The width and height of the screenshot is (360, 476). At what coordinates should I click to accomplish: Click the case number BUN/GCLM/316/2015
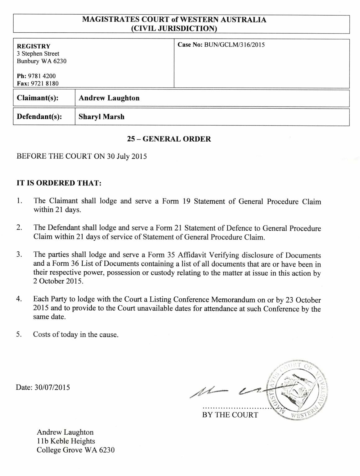pyautogui.click(x=234, y=45)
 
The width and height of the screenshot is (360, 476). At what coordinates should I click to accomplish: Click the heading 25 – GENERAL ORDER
pyautogui.click(x=169, y=139)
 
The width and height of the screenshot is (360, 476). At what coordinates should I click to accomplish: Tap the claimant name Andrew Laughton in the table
pyautogui.click(x=109, y=98)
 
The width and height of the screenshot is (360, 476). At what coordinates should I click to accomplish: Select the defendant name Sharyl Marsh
pyautogui.click(x=101, y=117)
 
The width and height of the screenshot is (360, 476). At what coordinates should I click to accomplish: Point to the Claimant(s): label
pyautogui.click(x=38, y=98)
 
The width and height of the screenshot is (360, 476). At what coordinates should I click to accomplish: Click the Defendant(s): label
pyautogui.click(x=39, y=117)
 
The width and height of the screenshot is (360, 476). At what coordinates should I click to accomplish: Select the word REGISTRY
pyautogui.click(x=34, y=47)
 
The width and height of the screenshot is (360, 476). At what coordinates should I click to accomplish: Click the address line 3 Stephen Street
pyautogui.click(x=38, y=54)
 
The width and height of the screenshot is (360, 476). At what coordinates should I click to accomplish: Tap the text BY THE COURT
pyautogui.click(x=230, y=415)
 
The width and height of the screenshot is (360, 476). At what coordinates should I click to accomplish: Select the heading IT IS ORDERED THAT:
pyautogui.click(x=59, y=183)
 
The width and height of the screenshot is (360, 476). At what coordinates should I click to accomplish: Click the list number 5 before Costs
pyautogui.click(x=19, y=335)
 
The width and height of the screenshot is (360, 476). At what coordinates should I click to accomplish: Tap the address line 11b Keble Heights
pyautogui.click(x=66, y=441)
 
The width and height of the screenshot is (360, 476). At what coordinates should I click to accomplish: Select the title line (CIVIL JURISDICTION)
pyautogui.click(x=174, y=29)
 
